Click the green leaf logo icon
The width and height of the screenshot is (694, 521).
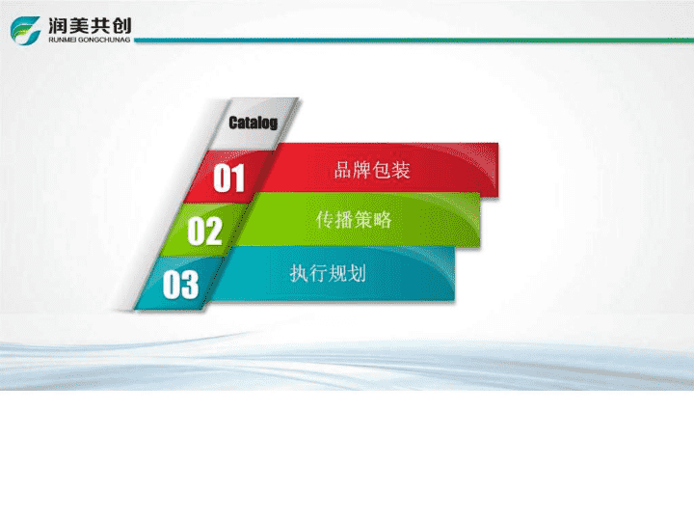(x=25, y=30)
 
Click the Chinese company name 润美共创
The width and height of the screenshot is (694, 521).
(x=90, y=26)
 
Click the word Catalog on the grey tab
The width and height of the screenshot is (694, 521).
(x=254, y=123)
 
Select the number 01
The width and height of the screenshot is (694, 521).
(x=228, y=178)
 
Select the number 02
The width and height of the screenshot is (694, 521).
(x=204, y=231)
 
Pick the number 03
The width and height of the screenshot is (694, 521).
(x=180, y=285)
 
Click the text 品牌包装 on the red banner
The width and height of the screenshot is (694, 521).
(x=372, y=170)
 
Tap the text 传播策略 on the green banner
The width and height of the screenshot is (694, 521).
(x=354, y=220)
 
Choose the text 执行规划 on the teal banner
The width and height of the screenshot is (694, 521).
(x=328, y=273)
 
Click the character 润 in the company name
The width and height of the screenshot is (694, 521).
(x=58, y=26)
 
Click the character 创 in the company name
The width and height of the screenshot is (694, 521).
(x=122, y=26)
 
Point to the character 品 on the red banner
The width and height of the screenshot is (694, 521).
(x=343, y=170)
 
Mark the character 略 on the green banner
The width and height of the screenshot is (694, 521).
(x=383, y=220)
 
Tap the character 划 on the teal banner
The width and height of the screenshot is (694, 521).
(x=358, y=273)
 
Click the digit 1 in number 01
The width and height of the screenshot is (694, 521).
(x=238, y=178)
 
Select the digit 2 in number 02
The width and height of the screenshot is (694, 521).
(x=213, y=231)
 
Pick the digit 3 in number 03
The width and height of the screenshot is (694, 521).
(x=190, y=285)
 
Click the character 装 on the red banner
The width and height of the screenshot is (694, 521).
(x=401, y=170)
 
